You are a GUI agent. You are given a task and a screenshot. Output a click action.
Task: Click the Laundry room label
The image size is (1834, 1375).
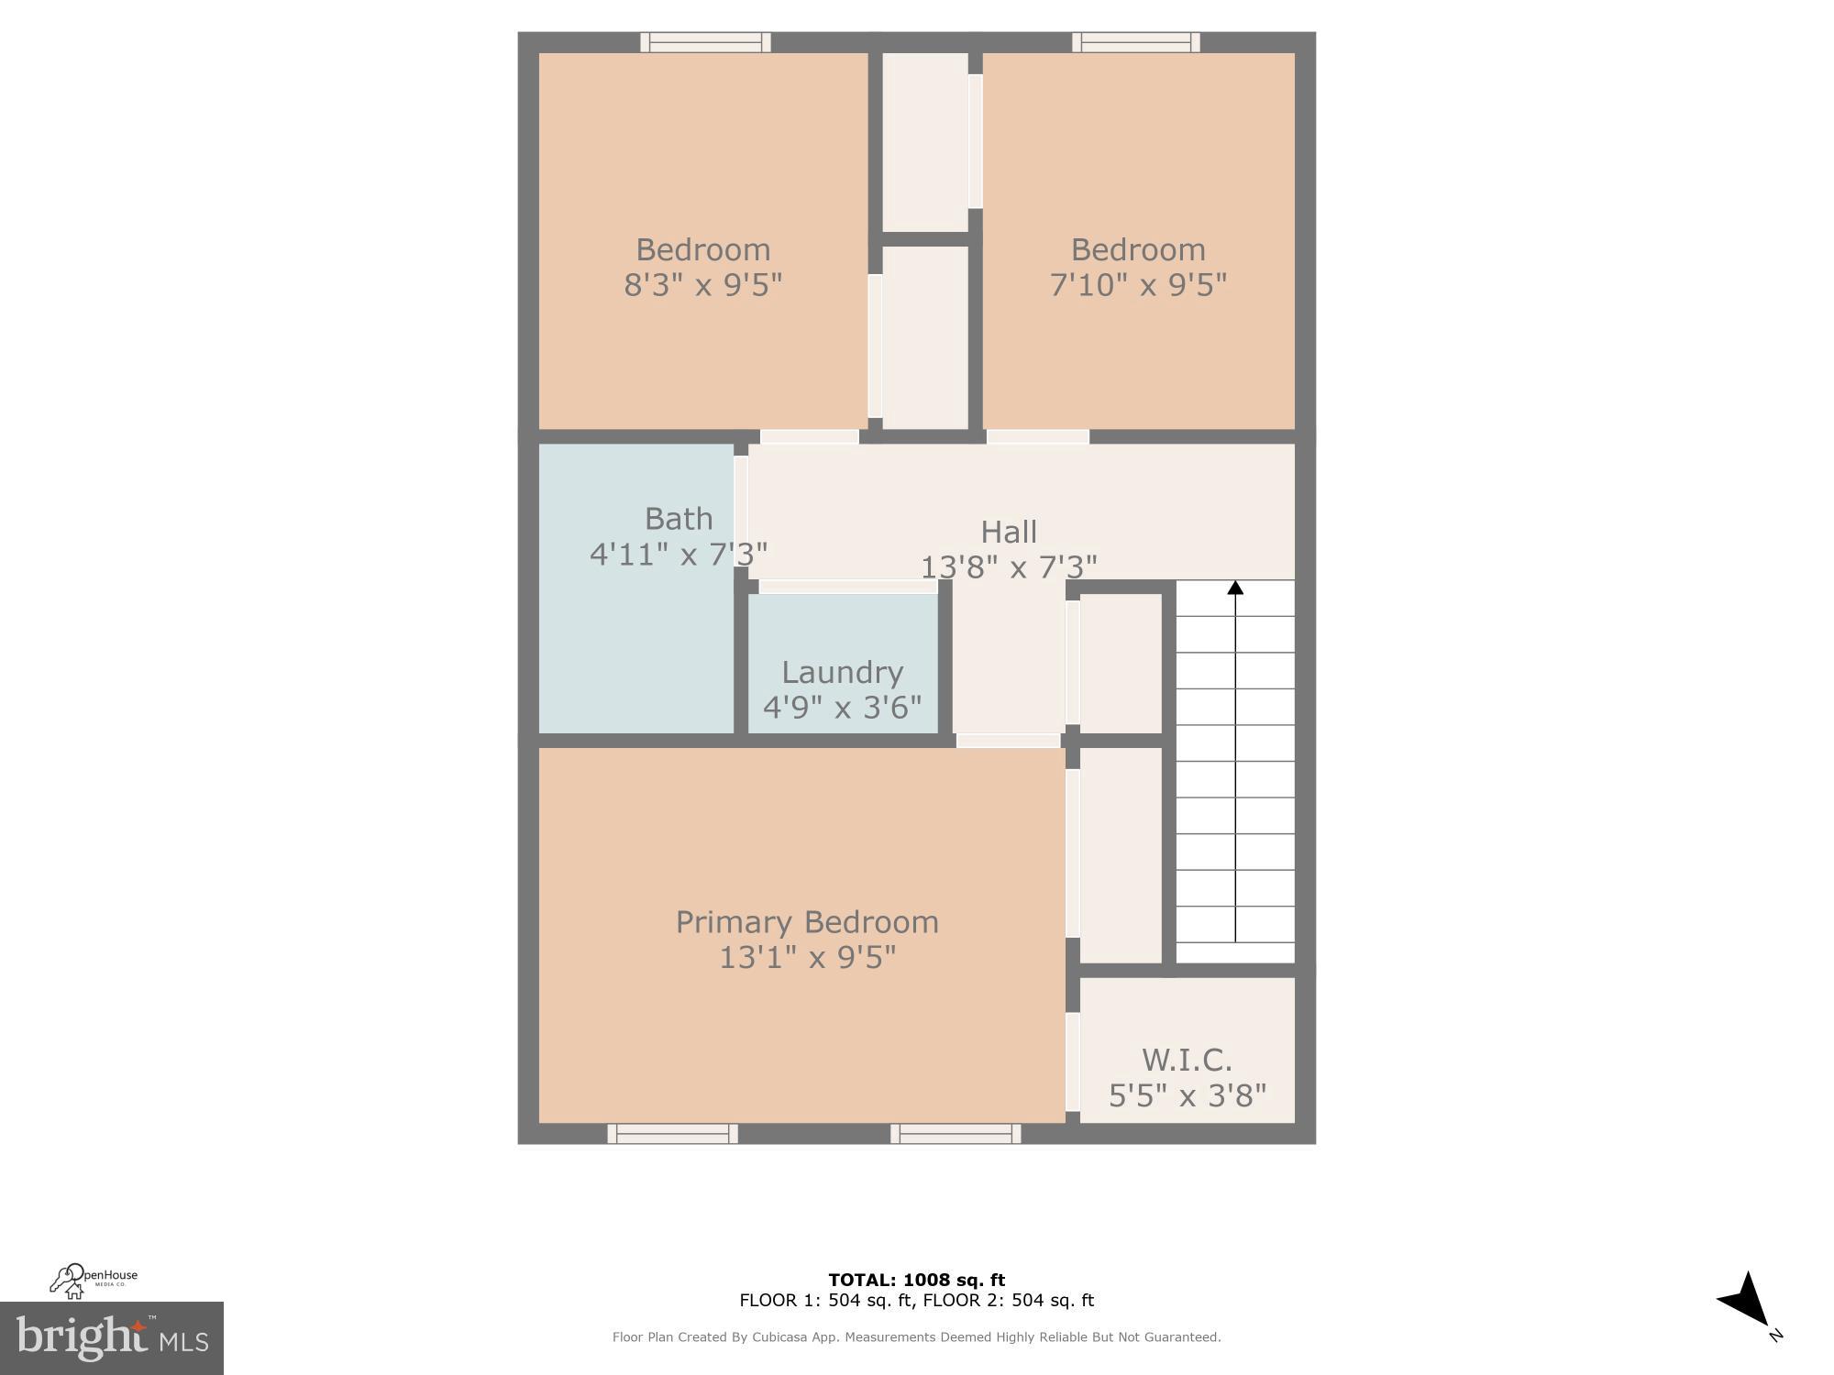842,673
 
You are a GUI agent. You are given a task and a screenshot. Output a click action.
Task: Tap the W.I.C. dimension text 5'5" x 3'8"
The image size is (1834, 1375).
1188,1095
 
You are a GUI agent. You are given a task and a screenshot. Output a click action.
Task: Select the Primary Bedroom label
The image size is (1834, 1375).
807,922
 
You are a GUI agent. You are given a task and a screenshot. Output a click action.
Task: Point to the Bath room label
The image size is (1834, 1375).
679,519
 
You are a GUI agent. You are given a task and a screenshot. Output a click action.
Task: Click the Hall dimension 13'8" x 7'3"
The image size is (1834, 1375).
1009,567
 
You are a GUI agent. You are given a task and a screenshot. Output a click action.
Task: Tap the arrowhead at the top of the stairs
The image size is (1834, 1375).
1235,588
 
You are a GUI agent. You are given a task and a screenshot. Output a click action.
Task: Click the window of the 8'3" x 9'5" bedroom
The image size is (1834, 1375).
705,42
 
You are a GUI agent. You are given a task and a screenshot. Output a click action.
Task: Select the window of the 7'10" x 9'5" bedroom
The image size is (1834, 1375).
1136,42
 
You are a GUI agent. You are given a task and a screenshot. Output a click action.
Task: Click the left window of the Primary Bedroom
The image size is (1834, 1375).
672,1134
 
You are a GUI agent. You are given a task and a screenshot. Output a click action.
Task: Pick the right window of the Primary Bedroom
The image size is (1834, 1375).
956,1134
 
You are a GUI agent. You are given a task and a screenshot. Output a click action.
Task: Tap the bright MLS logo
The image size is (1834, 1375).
112,1338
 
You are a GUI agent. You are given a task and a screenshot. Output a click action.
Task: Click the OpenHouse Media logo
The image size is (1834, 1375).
94,1281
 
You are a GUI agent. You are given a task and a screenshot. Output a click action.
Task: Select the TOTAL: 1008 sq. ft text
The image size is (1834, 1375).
916,1280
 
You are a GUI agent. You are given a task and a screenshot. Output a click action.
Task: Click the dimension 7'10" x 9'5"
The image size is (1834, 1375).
1138,285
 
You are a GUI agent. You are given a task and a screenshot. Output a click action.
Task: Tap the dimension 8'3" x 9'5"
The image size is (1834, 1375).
703,285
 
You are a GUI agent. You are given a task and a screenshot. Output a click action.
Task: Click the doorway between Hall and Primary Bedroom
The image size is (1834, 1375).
1009,740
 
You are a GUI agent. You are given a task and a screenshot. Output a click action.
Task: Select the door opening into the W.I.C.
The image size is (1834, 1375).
1072,1061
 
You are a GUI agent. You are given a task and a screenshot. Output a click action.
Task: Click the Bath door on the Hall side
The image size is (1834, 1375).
741,511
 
